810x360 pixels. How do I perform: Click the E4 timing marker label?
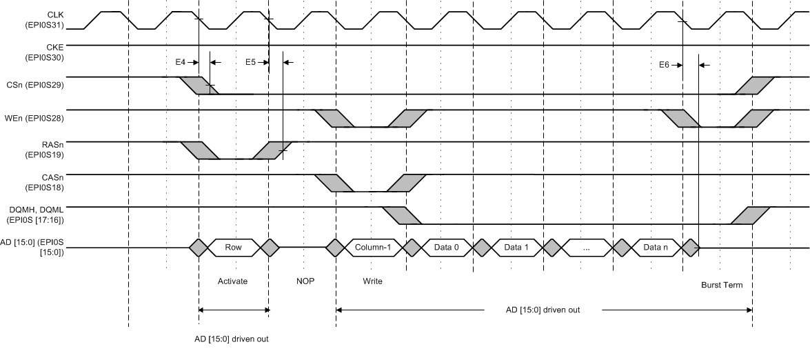(x=181, y=62)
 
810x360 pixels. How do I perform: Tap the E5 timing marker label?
(x=251, y=62)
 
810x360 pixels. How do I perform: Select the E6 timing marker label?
(x=665, y=66)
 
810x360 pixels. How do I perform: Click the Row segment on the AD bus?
(x=233, y=247)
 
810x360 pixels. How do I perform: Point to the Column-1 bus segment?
(x=373, y=247)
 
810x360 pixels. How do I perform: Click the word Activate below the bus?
(x=232, y=281)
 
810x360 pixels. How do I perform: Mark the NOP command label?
(x=305, y=281)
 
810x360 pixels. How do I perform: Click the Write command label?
(x=372, y=281)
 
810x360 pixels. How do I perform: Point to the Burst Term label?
(x=722, y=285)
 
